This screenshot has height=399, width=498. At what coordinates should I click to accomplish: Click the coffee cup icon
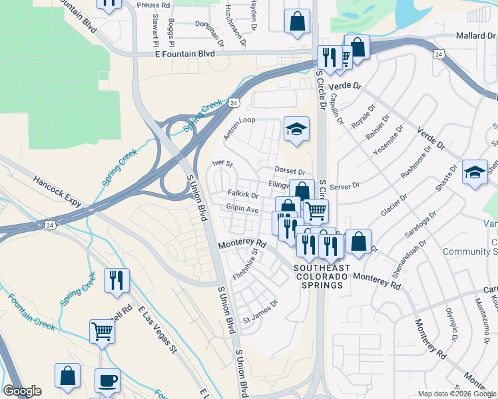click(107, 381)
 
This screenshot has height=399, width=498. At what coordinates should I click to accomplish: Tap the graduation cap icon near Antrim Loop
click(296, 129)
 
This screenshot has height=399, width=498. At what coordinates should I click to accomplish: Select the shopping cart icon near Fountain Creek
click(102, 331)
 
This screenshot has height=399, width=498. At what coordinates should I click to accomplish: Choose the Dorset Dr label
click(290, 172)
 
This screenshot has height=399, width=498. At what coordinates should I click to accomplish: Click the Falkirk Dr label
click(242, 195)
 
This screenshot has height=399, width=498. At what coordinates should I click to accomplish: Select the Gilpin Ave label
click(242, 209)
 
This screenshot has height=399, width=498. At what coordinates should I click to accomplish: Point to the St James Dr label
click(260, 303)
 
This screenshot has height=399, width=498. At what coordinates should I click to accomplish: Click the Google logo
click(22, 391)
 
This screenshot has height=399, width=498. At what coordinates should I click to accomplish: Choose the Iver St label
click(222, 163)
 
